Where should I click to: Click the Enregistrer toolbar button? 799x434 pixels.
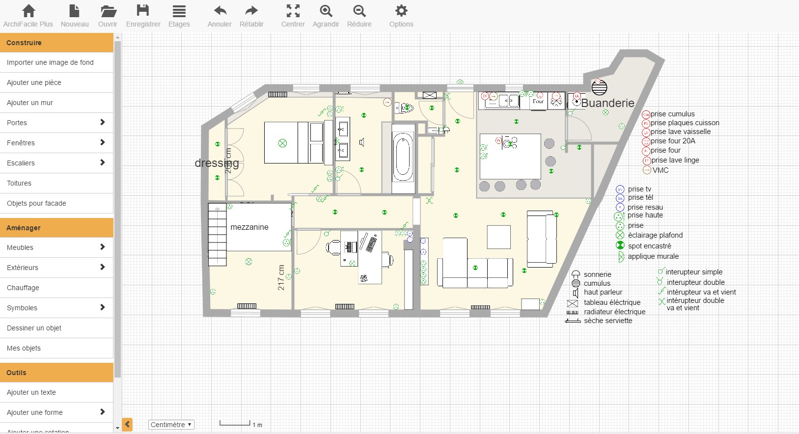click(x=143, y=16)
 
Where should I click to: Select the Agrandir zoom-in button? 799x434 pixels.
click(x=326, y=16)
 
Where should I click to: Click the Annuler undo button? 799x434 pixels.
click(x=220, y=16)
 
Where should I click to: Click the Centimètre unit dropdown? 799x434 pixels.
click(x=171, y=425)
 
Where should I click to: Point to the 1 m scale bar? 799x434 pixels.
click(x=235, y=424)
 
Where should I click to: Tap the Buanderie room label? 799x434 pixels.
click(x=607, y=103)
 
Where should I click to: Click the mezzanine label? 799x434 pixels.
click(x=249, y=227)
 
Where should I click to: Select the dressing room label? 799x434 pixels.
click(x=217, y=163)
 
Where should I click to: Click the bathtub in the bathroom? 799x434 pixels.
click(x=403, y=157)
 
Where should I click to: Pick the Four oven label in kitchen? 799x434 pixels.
click(x=539, y=101)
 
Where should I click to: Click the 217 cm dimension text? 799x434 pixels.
click(x=281, y=277)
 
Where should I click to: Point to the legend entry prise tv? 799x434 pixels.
click(x=639, y=189)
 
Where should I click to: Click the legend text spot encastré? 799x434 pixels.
click(x=649, y=246)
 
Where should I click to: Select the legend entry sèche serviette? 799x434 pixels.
click(x=607, y=321)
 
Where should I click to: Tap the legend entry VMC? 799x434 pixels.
click(x=660, y=170)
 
